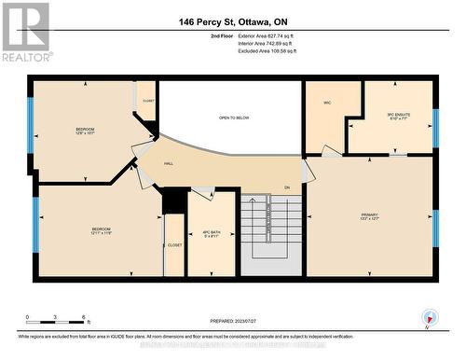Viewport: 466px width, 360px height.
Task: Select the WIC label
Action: coord(328,103)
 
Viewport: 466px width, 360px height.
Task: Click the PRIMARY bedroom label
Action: coord(370,216)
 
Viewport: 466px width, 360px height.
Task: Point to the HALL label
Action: coord(169,163)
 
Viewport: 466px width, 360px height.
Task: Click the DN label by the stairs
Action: coord(288,189)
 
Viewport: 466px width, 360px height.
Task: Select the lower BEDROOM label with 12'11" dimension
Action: coord(101,230)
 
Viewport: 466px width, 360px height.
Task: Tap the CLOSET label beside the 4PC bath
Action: coord(174,244)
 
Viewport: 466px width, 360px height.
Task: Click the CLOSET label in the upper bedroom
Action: coord(147,99)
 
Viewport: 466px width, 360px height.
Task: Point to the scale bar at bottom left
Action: coord(56,320)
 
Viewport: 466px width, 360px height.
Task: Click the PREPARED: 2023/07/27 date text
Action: coord(233,323)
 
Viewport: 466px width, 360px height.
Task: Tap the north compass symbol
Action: coord(428,317)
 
